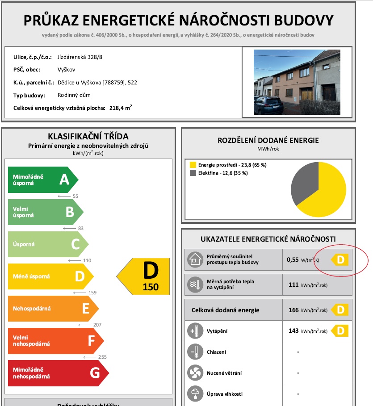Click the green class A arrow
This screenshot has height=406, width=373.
pos(42,180)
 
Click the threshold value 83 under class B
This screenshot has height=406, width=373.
pos(81,229)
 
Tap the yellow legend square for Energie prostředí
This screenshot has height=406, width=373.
pos(193,165)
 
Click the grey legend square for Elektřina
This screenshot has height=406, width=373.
pos(193,173)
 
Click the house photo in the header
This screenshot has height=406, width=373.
pos(297,82)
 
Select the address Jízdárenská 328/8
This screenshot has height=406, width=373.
pos(76,57)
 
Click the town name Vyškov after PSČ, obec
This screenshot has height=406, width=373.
pos(66,70)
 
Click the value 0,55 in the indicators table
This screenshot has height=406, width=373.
pos(293,259)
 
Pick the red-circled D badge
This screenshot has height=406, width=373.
pos(340,260)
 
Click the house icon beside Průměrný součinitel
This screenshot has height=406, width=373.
pos(195,259)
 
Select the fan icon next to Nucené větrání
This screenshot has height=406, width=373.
pos(195,373)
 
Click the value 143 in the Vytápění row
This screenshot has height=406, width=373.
pos(293,331)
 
